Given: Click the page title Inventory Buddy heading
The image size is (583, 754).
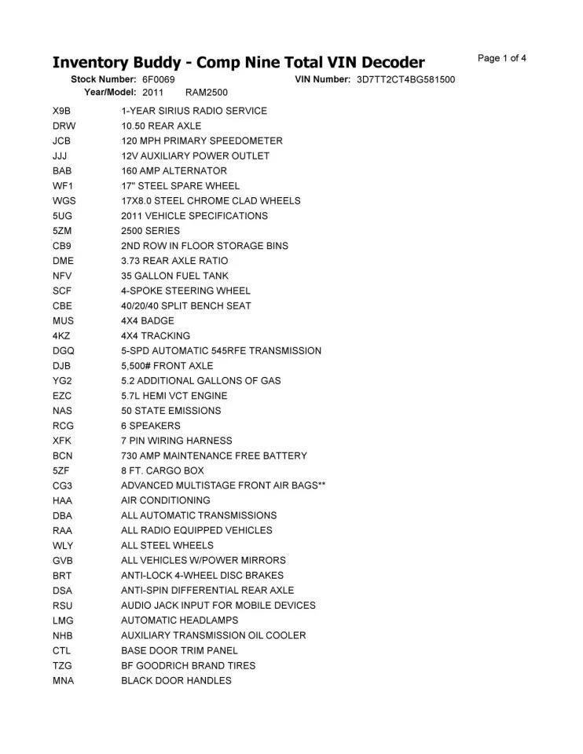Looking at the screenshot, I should pyautogui.click(x=238, y=62).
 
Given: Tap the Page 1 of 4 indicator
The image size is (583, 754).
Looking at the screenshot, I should pyautogui.click(x=501, y=58).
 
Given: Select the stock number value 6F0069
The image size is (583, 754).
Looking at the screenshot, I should pyautogui.click(x=159, y=80).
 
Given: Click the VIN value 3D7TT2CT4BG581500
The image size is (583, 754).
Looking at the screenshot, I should pyautogui.click(x=405, y=80).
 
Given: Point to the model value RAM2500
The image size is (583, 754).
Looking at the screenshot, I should pyautogui.click(x=207, y=93).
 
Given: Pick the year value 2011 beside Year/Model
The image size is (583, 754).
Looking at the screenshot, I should pyautogui.click(x=152, y=93).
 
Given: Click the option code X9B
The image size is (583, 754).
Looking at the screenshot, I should pyautogui.click(x=62, y=111).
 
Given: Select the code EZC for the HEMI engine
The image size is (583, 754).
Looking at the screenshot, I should pyautogui.click(x=62, y=396).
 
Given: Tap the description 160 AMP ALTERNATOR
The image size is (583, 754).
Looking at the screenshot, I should pyautogui.click(x=174, y=171).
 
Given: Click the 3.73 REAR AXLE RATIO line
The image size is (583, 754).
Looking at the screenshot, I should pyautogui.click(x=174, y=261).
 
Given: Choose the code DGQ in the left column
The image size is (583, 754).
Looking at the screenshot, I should pyautogui.click(x=64, y=351).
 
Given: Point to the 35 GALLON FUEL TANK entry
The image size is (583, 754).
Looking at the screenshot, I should pyautogui.click(x=174, y=276).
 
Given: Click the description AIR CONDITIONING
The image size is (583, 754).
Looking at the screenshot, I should pyautogui.click(x=165, y=500).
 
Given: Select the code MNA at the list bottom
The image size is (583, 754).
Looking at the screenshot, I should pyautogui.click(x=63, y=680).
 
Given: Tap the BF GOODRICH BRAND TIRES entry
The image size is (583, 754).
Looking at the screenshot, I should pyautogui.click(x=188, y=665).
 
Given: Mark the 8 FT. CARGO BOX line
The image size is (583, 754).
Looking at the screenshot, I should pyautogui.click(x=162, y=470).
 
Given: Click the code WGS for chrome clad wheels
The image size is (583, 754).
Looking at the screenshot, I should pyautogui.click(x=64, y=201).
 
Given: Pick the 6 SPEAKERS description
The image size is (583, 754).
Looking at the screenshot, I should pyautogui.click(x=150, y=426).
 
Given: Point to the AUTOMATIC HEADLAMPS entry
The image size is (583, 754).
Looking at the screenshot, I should pyautogui.click(x=179, y=620).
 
